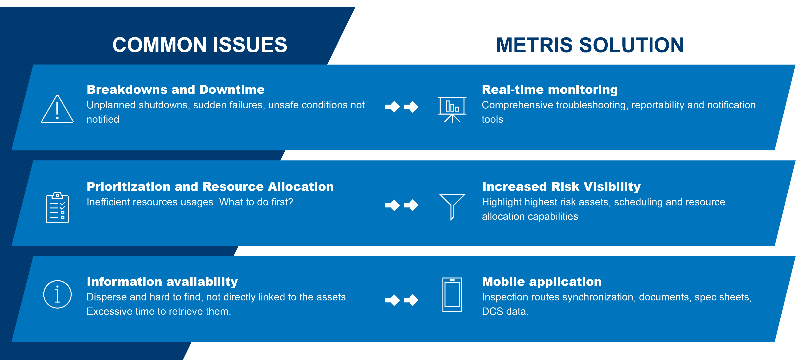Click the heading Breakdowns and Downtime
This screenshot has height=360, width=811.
176,90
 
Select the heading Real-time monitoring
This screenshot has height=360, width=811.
550,90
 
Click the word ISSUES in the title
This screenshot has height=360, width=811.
250,45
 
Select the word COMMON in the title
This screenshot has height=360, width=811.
160,45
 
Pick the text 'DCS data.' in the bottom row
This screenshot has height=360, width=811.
505,311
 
